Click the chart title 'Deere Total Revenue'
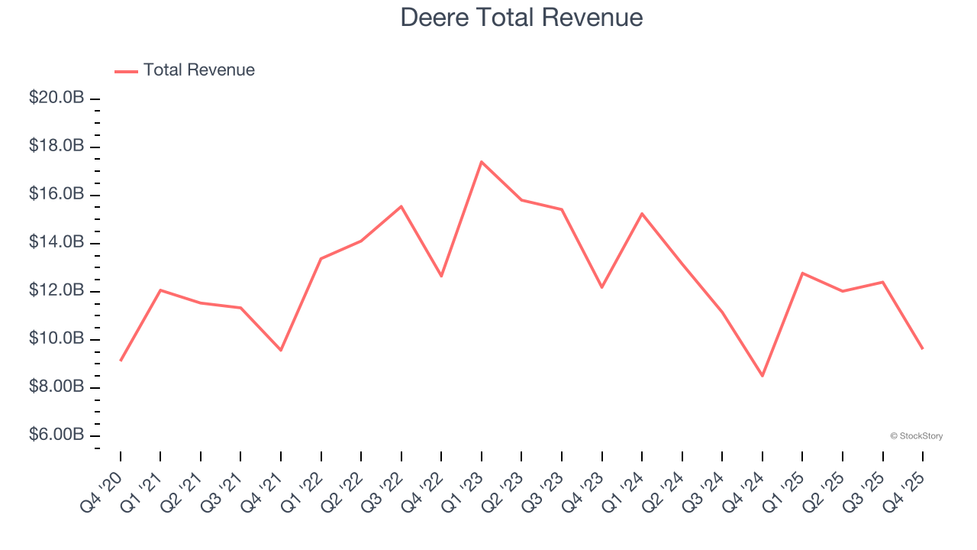[521, 17]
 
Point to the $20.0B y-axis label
[56, 98]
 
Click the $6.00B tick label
[56, 435]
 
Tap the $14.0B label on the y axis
[56, 242]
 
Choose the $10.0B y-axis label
[56, 338]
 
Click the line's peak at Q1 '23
[482, 162]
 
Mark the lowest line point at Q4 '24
[762, 376]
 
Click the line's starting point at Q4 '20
[121, 361]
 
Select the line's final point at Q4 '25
[922, 348]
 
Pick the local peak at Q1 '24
[642, 214]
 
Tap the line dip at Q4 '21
[281, 350]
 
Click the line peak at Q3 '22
[401, 206]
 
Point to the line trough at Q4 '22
[441, 276]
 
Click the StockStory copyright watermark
[916, 436]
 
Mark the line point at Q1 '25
[802, 273]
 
